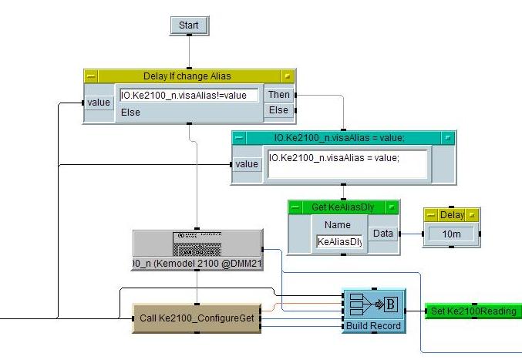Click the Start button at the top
coord(189,25)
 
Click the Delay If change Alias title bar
coord(187,76)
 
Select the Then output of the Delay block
coord(278,95)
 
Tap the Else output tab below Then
coord(278,110)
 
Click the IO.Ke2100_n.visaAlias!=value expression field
coord(189,96)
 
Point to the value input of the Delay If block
coord(99,103)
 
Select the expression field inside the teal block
coord(346,163)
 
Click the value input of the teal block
coord(247,164)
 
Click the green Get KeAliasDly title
coord(343,207)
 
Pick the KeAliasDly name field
coord(338,241)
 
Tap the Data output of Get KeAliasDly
coord(382,233)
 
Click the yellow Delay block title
coord(451,215)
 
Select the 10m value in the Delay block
coord(452,234)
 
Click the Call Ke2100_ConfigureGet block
coord(197,318)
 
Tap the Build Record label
coord(373,326)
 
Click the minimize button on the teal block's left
coord(239,137)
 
